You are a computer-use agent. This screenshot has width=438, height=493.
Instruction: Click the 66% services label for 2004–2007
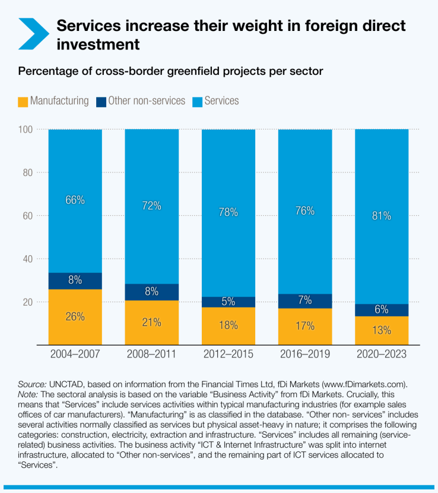pyautogui.click(x=75, y=200)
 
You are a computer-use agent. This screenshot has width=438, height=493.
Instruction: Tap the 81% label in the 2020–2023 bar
pyautogui.click(x=382, y=216)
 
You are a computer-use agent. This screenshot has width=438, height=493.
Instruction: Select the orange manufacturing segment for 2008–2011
pyautogui.click(x=151, y=322)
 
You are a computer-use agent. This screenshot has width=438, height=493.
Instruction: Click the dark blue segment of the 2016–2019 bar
pyautogui.click(x=305, y=301)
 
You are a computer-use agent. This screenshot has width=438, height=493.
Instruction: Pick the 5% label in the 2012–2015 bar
pyautogui.click(x=228, y=302)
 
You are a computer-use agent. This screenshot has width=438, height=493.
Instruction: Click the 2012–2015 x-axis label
pyautogui.click(x=228, y=354)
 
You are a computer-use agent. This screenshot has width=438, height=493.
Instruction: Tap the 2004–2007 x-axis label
pyautogui.click(x=75, y=354)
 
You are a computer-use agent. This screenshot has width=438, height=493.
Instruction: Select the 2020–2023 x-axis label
pyautogui.click(x=382, y=354)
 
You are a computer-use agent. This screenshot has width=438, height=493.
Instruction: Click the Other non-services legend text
pyautogui.click(x=147, y=101)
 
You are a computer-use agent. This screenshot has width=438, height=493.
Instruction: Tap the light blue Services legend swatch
pyautogui.click(x=197, y=102)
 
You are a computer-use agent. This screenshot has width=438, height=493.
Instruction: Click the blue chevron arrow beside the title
pyautogui.click(x=33, y=34)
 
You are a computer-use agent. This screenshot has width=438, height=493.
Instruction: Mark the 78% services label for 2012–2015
pyautogui.click(x=228, y=212)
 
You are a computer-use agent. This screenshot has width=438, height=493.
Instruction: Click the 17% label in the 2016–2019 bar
pyautogui.click(x=305, y=325)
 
